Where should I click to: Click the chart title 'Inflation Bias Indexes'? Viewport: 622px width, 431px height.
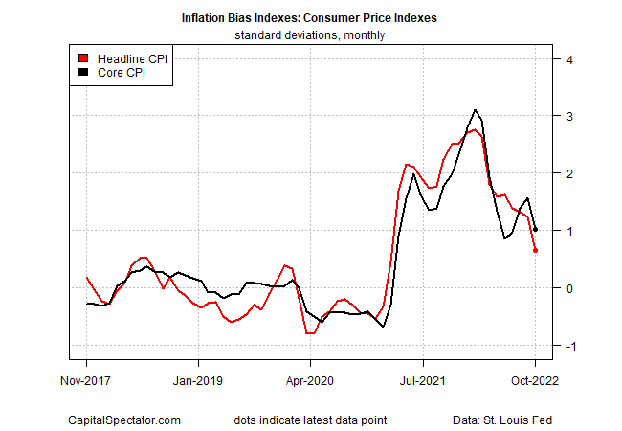coord(310,18)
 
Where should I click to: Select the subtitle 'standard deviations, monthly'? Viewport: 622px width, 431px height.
coord(310,35)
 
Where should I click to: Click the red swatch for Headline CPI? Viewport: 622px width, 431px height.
coord(83,58)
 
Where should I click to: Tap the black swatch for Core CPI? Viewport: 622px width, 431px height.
coord(83,72)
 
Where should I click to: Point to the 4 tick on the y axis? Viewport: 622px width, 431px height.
coord(569,59)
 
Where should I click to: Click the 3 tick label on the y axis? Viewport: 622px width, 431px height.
coord(569,116)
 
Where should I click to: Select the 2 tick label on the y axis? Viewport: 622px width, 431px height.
coord(569,173)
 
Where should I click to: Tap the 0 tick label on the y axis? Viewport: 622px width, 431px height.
coord(569,288)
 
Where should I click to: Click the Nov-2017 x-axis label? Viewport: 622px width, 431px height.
coord(86,380)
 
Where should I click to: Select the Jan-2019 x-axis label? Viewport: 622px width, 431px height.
coord(198,380)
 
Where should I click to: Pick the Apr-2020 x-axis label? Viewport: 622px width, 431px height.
coord(310,380)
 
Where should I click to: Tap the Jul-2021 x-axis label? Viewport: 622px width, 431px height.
coord(422,380)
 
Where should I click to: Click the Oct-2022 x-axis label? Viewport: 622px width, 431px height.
coord(534,380)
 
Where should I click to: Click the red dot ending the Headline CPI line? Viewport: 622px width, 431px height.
coord(535,251)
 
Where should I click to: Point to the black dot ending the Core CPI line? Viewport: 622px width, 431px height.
coord(535,230)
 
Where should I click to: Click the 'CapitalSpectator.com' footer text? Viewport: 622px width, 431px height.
coord(124,420)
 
